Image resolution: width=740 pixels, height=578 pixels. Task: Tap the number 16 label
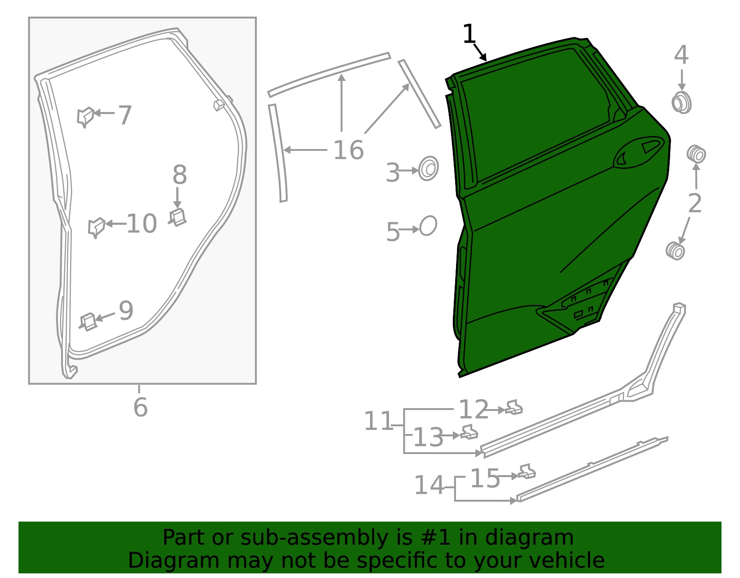pos(348,150)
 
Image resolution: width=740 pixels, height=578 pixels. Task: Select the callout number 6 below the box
pos(140,407)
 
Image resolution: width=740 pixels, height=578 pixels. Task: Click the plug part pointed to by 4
pos(681,103)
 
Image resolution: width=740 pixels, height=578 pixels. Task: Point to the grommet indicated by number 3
pos(428,168)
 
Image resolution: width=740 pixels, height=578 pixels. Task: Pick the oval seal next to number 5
pos(428,226)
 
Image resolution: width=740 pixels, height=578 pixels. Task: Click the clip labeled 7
pos(85,117)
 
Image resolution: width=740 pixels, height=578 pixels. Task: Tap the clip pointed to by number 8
pos(178,218)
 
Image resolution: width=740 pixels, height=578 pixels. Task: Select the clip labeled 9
pos(88,322)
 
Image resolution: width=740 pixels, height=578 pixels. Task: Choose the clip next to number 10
pos(96,227)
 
